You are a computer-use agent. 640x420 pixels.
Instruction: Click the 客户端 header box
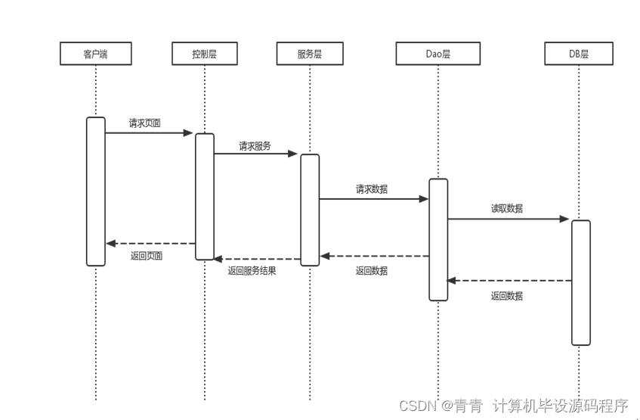pyautogui.click(x=96, y=54)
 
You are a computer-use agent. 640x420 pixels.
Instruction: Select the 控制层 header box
pyautogui.click(x=204, y=54)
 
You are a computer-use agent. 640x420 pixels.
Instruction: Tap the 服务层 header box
pyautogui.click(x=310, y=54)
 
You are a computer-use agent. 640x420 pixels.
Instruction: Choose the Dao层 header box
pyautogui.click(x=437, y=54)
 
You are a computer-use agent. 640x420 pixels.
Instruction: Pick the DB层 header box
pyautogui.click(x=579, y=54)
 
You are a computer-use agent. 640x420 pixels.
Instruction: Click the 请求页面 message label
pyautogui.click(x=144, y=123)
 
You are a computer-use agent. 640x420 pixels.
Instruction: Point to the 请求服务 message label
pyautogui.click(x=255, y=146)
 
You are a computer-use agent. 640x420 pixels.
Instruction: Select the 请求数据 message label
pyautogui.click(x=372, y=189)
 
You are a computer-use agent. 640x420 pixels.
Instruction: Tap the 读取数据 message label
pyautogui.click(x=506, y=209)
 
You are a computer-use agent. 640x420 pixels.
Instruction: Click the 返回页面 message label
pyautogui.click(x=146, y=256)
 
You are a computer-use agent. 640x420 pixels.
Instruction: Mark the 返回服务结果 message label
pyautogui.click(x=252, y=270)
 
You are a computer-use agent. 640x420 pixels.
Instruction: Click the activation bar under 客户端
pyautogui.click(x=96, y=191)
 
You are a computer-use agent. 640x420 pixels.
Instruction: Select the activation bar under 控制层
pyautogui.click(x=205, y=197)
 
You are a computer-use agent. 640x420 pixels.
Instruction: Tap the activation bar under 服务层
pyautogui.click(x=310, y=210)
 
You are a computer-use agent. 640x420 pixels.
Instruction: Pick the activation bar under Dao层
pyautogui.click(x=438, y=239)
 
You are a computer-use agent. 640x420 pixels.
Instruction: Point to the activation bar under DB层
pyautogui.click(x=580, y=282)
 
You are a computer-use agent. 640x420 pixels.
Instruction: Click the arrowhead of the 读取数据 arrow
pyautogui.click(x=564, y=219)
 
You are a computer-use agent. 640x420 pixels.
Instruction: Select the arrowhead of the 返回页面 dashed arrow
pyautogui.click(x=110, y=243)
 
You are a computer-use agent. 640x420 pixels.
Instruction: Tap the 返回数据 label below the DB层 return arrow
pyautogui.click(x=506, y=296)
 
